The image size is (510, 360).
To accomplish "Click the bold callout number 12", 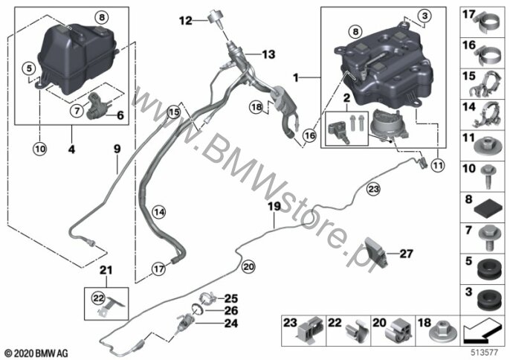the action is (186, 21).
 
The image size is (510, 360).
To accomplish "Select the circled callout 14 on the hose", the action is (159, 213).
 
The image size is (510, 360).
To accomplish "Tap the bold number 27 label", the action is (406, 254).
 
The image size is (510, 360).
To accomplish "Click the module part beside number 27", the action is (375, 252).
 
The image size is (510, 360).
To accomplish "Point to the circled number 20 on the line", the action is (248, 267).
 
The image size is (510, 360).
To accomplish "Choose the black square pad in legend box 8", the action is (487, 209).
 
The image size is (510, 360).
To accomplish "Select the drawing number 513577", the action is (485, 353).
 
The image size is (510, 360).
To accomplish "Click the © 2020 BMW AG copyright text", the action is (36, 353).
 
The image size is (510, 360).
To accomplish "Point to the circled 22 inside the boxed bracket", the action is (98, 298).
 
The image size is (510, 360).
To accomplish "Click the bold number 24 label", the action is (231, 324).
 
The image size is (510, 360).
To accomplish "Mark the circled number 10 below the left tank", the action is (39, 149).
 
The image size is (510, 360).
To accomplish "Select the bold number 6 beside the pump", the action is (120, 115).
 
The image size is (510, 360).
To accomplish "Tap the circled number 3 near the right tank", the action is (425, 16).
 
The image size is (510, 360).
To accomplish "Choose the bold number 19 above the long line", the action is (274, 206).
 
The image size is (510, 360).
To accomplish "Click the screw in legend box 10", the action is (488, 176).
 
